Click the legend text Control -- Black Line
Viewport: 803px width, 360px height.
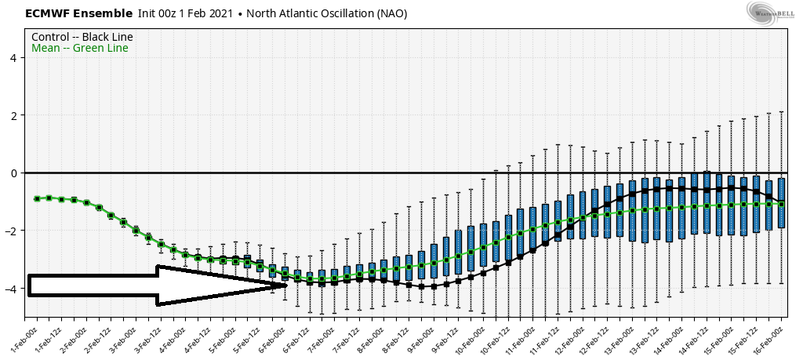82,37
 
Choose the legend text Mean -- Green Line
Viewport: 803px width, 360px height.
80,49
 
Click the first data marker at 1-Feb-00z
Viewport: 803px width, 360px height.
37,198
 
